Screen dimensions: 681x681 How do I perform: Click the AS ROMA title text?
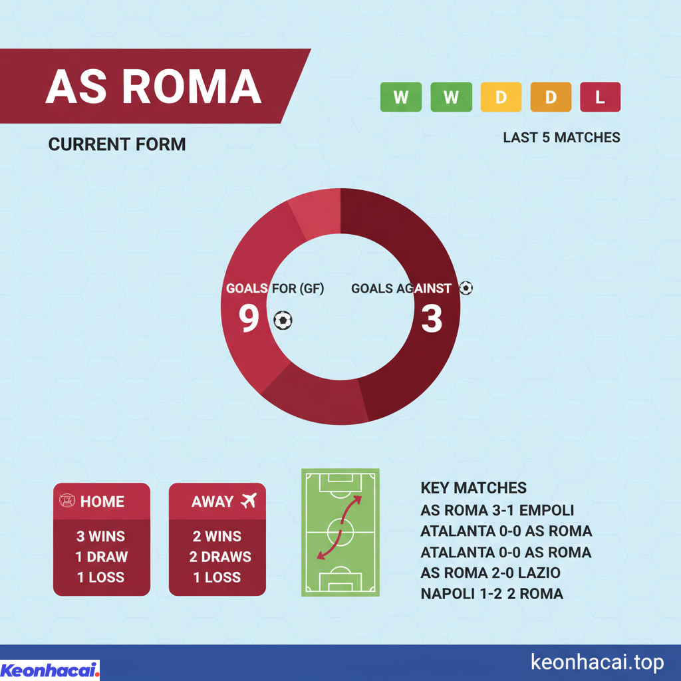pos(154,87)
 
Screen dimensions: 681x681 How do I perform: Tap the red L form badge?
pos(600,97)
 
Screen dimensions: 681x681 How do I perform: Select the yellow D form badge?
pos(500,97)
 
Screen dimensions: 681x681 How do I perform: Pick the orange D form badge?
pos(550,97)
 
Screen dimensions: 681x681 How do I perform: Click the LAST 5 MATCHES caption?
pos(561,138)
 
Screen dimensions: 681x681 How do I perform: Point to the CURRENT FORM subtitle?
pos(117,144)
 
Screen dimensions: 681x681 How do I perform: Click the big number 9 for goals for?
pos(249,319)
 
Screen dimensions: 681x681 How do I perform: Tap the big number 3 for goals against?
pos(432,319)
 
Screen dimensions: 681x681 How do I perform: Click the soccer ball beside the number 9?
pos(283,321)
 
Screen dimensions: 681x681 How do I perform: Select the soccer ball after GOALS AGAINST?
pos(466,289)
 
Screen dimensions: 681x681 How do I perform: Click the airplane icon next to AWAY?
pos(249,501)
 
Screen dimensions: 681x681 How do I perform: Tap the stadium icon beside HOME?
pos(67,501)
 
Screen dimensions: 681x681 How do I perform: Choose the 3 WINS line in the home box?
pos(102,536)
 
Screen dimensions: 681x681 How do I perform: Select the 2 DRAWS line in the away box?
pos(217,557)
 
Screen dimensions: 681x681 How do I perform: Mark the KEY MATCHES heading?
pos(474,488)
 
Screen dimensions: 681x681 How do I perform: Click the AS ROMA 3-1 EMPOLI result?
pos(497,511)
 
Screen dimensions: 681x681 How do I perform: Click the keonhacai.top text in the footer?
pos(597,662)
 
